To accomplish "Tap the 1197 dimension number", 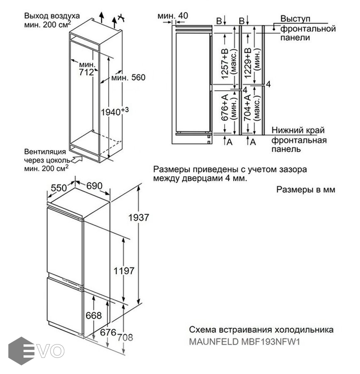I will pos(124,271).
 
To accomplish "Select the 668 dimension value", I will pos(93,315).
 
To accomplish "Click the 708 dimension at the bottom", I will pos(125,337).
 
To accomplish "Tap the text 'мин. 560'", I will pos(128,78).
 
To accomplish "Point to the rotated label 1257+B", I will pos(225,64).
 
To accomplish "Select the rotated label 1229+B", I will pos(248,64).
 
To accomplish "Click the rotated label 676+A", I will pos(225,108).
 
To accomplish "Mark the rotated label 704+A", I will pos(248,108).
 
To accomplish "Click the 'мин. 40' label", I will pos(173,16).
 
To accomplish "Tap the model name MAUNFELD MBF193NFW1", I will pos(244,342).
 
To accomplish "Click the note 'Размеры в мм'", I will pos(305,190).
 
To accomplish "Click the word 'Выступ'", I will pos(295,19).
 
